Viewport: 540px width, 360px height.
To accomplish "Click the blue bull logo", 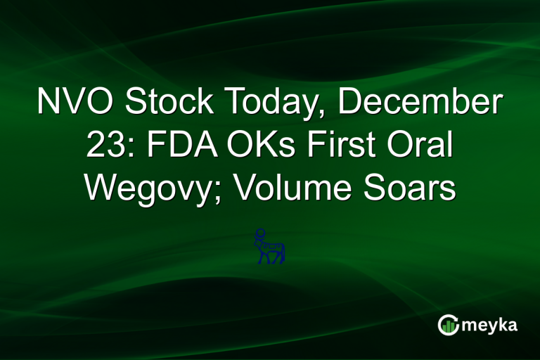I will click(270, 247).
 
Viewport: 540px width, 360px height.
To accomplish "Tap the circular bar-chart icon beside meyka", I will click(448, 325).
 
